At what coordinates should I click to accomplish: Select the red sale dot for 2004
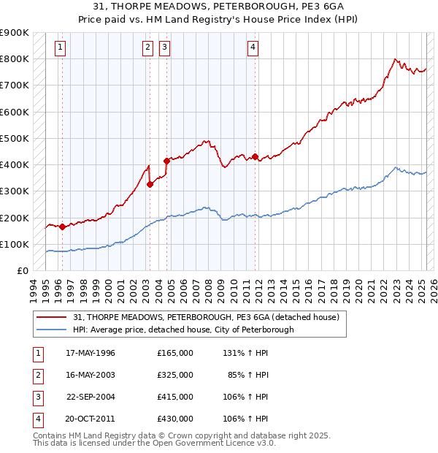pos(166,161)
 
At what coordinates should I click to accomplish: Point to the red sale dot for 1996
pos(63,226)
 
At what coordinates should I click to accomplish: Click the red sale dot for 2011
pos(255,156)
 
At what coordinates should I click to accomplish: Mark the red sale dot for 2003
pos(150,184)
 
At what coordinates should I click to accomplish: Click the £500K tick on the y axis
pos(15,138)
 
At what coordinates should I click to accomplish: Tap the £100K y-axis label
pos(15,244)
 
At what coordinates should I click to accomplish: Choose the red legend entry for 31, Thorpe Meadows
pos(207,318)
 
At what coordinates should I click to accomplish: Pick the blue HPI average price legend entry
pos(183,330)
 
